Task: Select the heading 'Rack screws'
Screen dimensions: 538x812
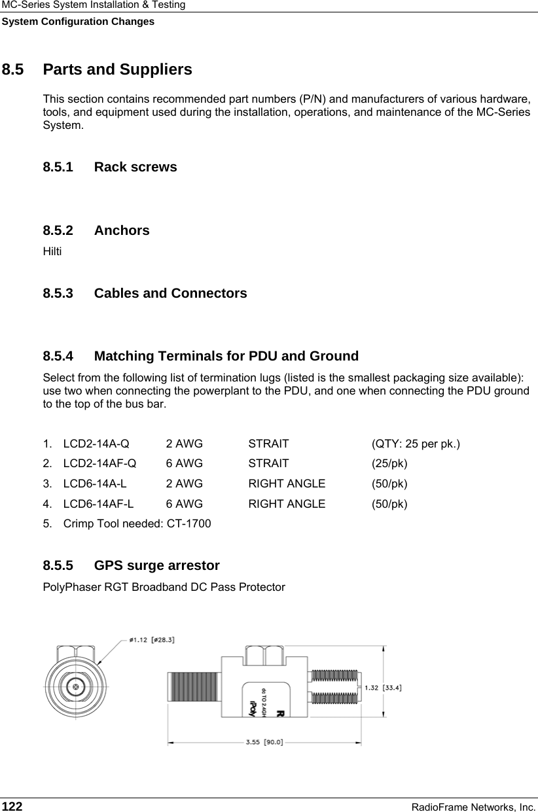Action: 135,167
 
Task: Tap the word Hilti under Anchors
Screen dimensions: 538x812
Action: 52,251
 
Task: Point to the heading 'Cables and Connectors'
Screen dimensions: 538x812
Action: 170,293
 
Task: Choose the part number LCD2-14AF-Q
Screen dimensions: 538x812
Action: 100,464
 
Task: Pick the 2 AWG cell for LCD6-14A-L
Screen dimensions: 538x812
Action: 184,484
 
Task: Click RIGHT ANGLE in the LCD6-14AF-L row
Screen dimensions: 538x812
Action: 286,504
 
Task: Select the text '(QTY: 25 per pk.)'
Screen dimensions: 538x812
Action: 415,444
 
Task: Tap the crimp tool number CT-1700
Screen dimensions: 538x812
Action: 189,524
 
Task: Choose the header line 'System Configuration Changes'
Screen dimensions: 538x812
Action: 77,22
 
